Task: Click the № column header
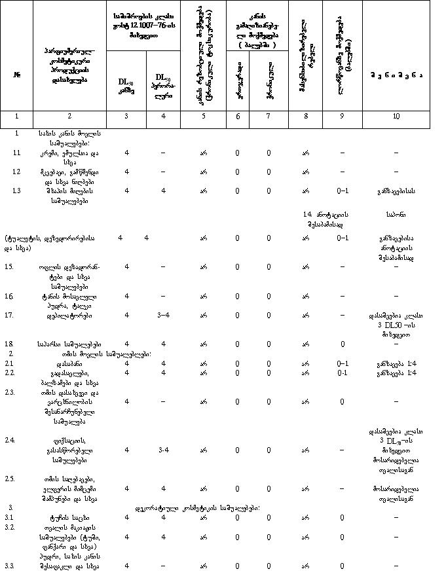point(16,73)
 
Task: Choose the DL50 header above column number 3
point(126,86)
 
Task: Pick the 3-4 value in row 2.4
point(164,450)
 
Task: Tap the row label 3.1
point(10,517)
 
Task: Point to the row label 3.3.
point(10,565)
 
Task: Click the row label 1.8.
point(10,343)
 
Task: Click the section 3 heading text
point(197,507)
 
